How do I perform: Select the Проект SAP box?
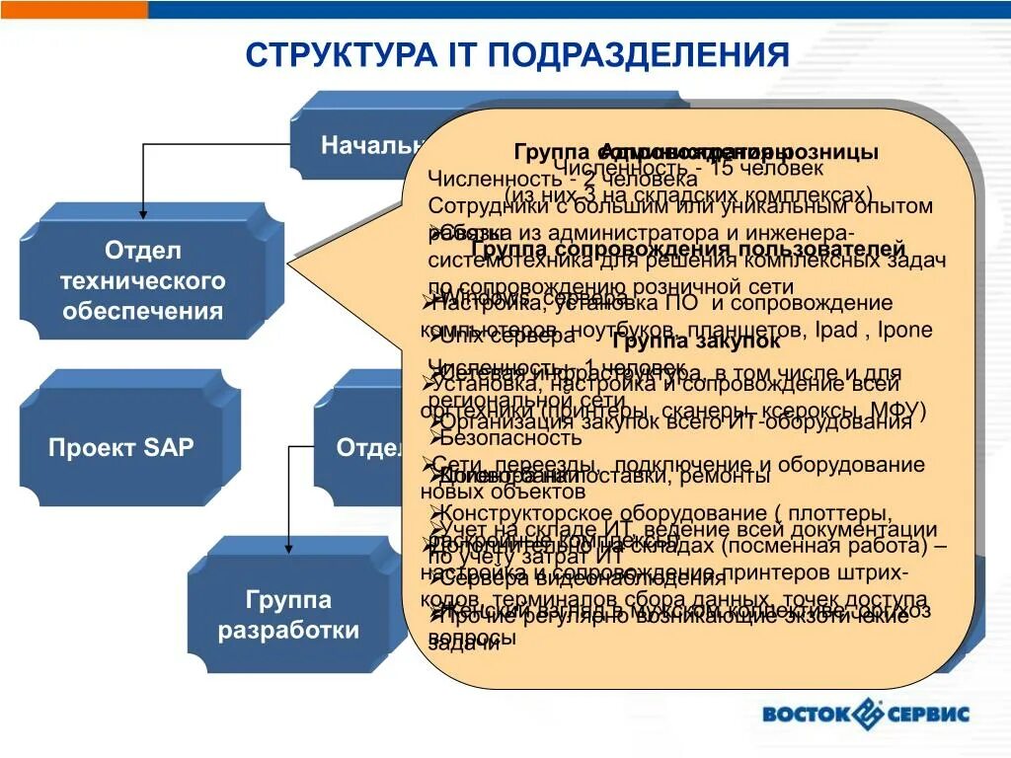120,447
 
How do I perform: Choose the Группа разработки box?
288,615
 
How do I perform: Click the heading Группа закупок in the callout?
696,341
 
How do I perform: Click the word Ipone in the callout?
903,330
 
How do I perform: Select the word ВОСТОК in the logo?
805,714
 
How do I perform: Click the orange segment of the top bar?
74,9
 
